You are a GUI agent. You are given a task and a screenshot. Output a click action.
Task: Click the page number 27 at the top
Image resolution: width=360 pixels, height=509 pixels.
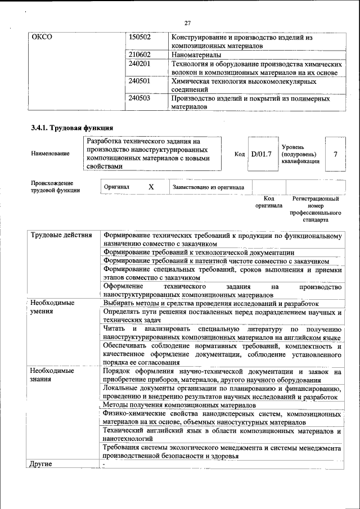click(188, 23)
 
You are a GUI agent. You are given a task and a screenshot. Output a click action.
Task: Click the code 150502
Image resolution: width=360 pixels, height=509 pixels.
click(139, 37)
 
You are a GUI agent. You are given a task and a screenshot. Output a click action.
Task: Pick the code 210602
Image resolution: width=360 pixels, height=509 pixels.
click(139, 55)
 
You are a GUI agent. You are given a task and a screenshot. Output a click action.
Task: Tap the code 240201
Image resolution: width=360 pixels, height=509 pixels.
click(139, 64)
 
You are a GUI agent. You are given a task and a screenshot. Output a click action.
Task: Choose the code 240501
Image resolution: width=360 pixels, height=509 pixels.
click(139, 81)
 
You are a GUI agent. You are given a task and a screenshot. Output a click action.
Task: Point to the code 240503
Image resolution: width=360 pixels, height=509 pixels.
click(139, 98)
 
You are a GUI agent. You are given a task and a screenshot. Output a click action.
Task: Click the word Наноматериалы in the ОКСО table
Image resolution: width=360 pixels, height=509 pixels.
click(196, 55)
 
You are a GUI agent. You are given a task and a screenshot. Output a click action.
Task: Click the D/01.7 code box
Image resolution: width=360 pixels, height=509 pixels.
click(261, 154)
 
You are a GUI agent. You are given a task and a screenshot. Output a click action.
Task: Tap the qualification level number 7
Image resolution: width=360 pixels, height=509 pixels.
click(336, 154)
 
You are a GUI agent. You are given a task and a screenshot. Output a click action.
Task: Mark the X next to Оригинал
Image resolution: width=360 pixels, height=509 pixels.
click(151, 187)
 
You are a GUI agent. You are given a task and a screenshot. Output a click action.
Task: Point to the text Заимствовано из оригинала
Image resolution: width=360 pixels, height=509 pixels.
click(208, 187)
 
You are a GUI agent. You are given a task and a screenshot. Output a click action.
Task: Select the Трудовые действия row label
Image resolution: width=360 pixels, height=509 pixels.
click(61, 235)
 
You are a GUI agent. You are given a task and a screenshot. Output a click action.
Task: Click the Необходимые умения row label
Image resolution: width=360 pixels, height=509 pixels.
click(52, 307)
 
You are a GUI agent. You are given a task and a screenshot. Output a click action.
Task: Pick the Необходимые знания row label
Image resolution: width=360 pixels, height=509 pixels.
click(52, 375)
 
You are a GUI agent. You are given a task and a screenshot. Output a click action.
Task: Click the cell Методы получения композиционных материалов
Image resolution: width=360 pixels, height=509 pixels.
click(180, 405)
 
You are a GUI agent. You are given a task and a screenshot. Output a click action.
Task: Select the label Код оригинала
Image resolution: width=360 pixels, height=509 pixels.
click(268, 202)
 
